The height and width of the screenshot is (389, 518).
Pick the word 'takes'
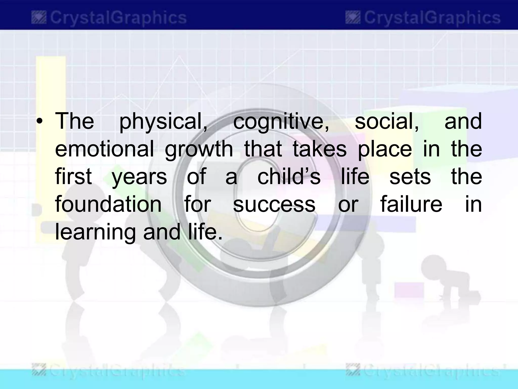click(320, 149)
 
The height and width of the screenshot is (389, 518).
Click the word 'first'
click(73, 177)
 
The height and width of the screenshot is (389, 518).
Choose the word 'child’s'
click(289, 177)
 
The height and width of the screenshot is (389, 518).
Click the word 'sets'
click(410, 177)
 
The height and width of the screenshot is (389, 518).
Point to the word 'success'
click(274, 204)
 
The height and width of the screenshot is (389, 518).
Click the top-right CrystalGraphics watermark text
click(432, 18)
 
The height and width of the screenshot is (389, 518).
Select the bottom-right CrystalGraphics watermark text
click(430, 372)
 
